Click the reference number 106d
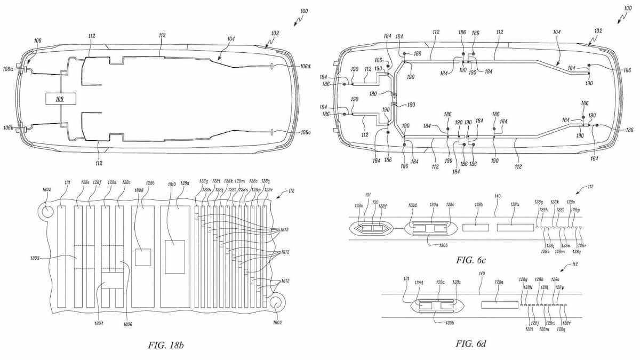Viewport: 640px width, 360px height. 306,67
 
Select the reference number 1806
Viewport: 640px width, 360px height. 128,323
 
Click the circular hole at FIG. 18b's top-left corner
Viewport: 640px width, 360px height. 47,210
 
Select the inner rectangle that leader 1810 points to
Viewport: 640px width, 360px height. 175,257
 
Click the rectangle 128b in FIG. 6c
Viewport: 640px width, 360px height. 475,228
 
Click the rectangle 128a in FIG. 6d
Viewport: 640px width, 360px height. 499,305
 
